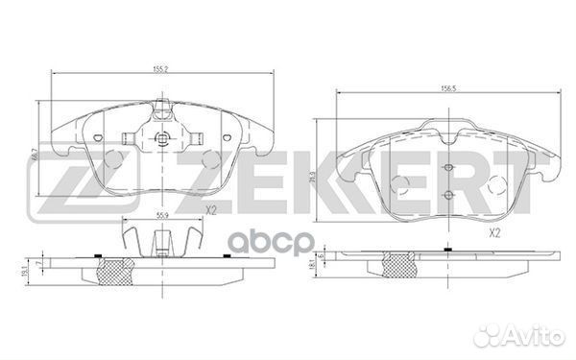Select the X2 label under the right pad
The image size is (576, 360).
click(495, 232)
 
